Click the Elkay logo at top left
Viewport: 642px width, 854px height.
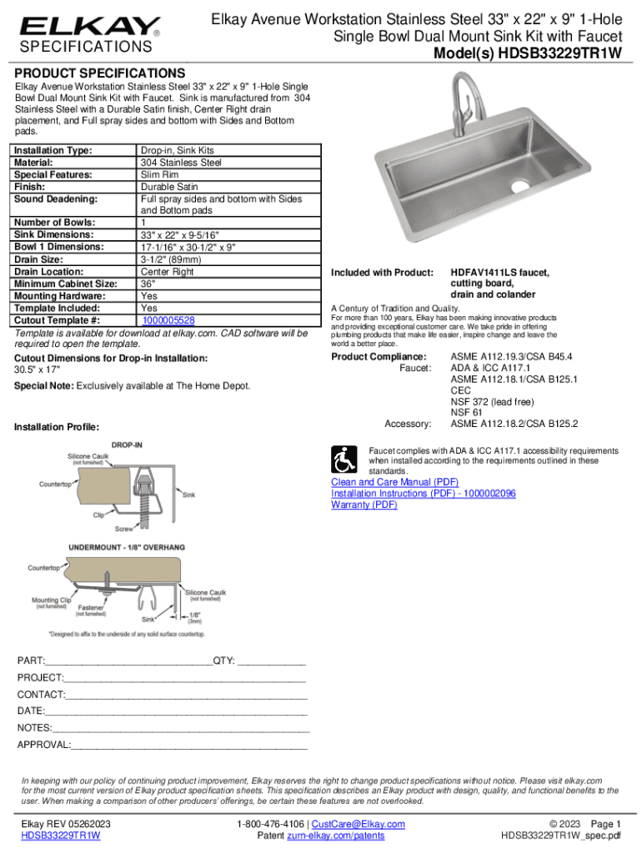point(90,28)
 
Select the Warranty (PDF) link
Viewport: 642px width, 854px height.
point(364,505)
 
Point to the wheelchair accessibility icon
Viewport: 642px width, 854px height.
point(346,458)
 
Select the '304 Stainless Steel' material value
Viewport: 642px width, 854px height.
point(181,163)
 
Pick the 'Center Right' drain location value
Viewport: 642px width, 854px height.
point(167,272)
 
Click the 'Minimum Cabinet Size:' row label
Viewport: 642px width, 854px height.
point(65,284)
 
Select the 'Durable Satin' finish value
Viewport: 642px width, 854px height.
point(169,188)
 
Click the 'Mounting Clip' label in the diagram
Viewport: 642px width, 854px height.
point(51,600)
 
